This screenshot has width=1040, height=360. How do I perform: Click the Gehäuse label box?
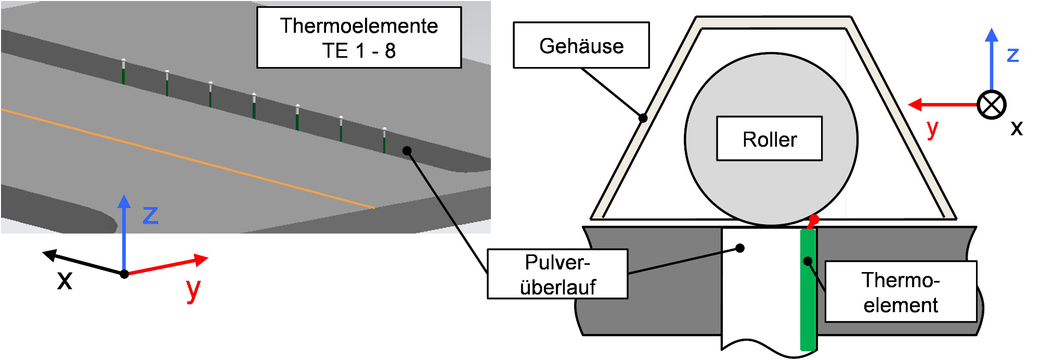point(581,45)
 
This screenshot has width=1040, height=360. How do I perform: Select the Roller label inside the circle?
point(770,138)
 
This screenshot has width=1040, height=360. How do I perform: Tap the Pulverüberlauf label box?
point(557,274)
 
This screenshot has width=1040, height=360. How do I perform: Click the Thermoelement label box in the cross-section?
point(901,292)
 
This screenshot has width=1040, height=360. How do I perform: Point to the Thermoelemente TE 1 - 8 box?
point(359,37)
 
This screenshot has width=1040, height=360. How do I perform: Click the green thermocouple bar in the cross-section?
point(808,289)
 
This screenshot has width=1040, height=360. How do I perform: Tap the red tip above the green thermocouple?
point(813,221)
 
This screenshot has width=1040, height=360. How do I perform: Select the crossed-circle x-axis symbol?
point(992,105)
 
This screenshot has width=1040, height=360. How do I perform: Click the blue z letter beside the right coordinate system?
point(1012,55)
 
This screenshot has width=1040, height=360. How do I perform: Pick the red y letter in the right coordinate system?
point(932,128)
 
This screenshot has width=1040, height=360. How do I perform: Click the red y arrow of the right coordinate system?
point(943,105)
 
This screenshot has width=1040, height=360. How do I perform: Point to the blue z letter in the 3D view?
point(150,215)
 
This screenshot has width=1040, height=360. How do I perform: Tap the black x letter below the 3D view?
point(64,280)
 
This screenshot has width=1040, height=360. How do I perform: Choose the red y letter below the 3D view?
point(193,290)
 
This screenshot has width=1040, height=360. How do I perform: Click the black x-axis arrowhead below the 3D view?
point(49,255)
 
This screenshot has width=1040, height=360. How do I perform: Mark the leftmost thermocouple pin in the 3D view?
point(123,71)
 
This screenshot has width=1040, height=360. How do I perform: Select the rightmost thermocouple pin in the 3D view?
point(384,140)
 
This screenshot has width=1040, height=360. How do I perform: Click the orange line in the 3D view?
point(188,159)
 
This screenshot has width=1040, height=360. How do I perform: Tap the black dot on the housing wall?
point(643,118)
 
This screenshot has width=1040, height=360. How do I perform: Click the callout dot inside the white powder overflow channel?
point(740,248)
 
